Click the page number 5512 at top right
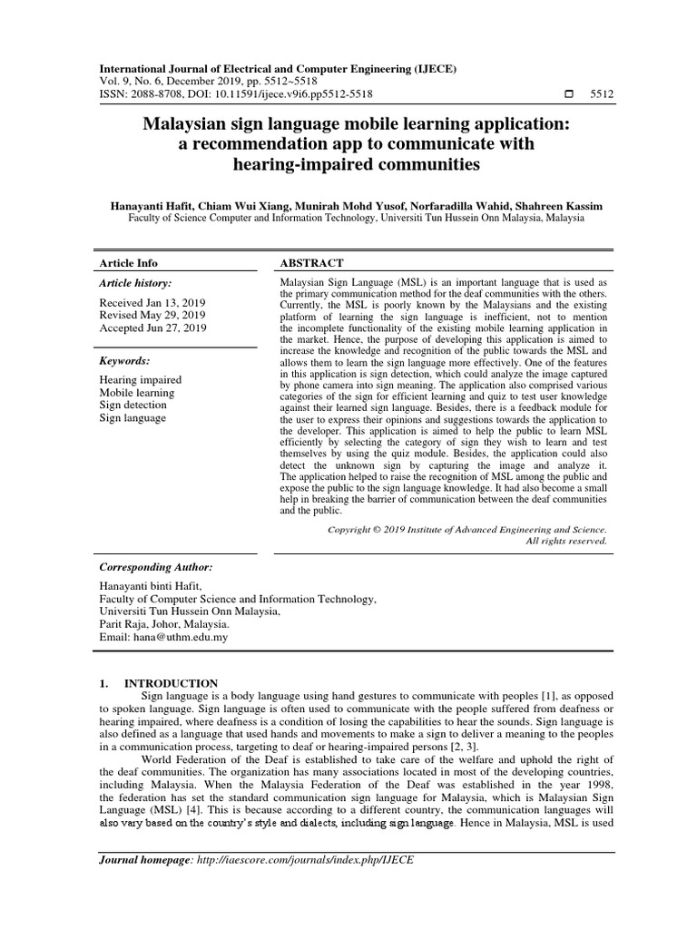[x=601, y=93]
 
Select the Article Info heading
[x=128, y=263]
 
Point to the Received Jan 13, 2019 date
[x=152, y=300]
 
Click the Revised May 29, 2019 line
[x=152, y=314]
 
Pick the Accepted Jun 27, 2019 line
[x=152, y=328]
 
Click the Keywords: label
[x=123, y=360]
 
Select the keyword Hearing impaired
[x=140, y=380]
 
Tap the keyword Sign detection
[x=133, y=406]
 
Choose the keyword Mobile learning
[x=136, y=393]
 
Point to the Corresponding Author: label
[x=155, y=566]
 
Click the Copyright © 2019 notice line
[x=466, y=528]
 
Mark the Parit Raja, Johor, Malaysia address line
[x=164, y=625]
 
